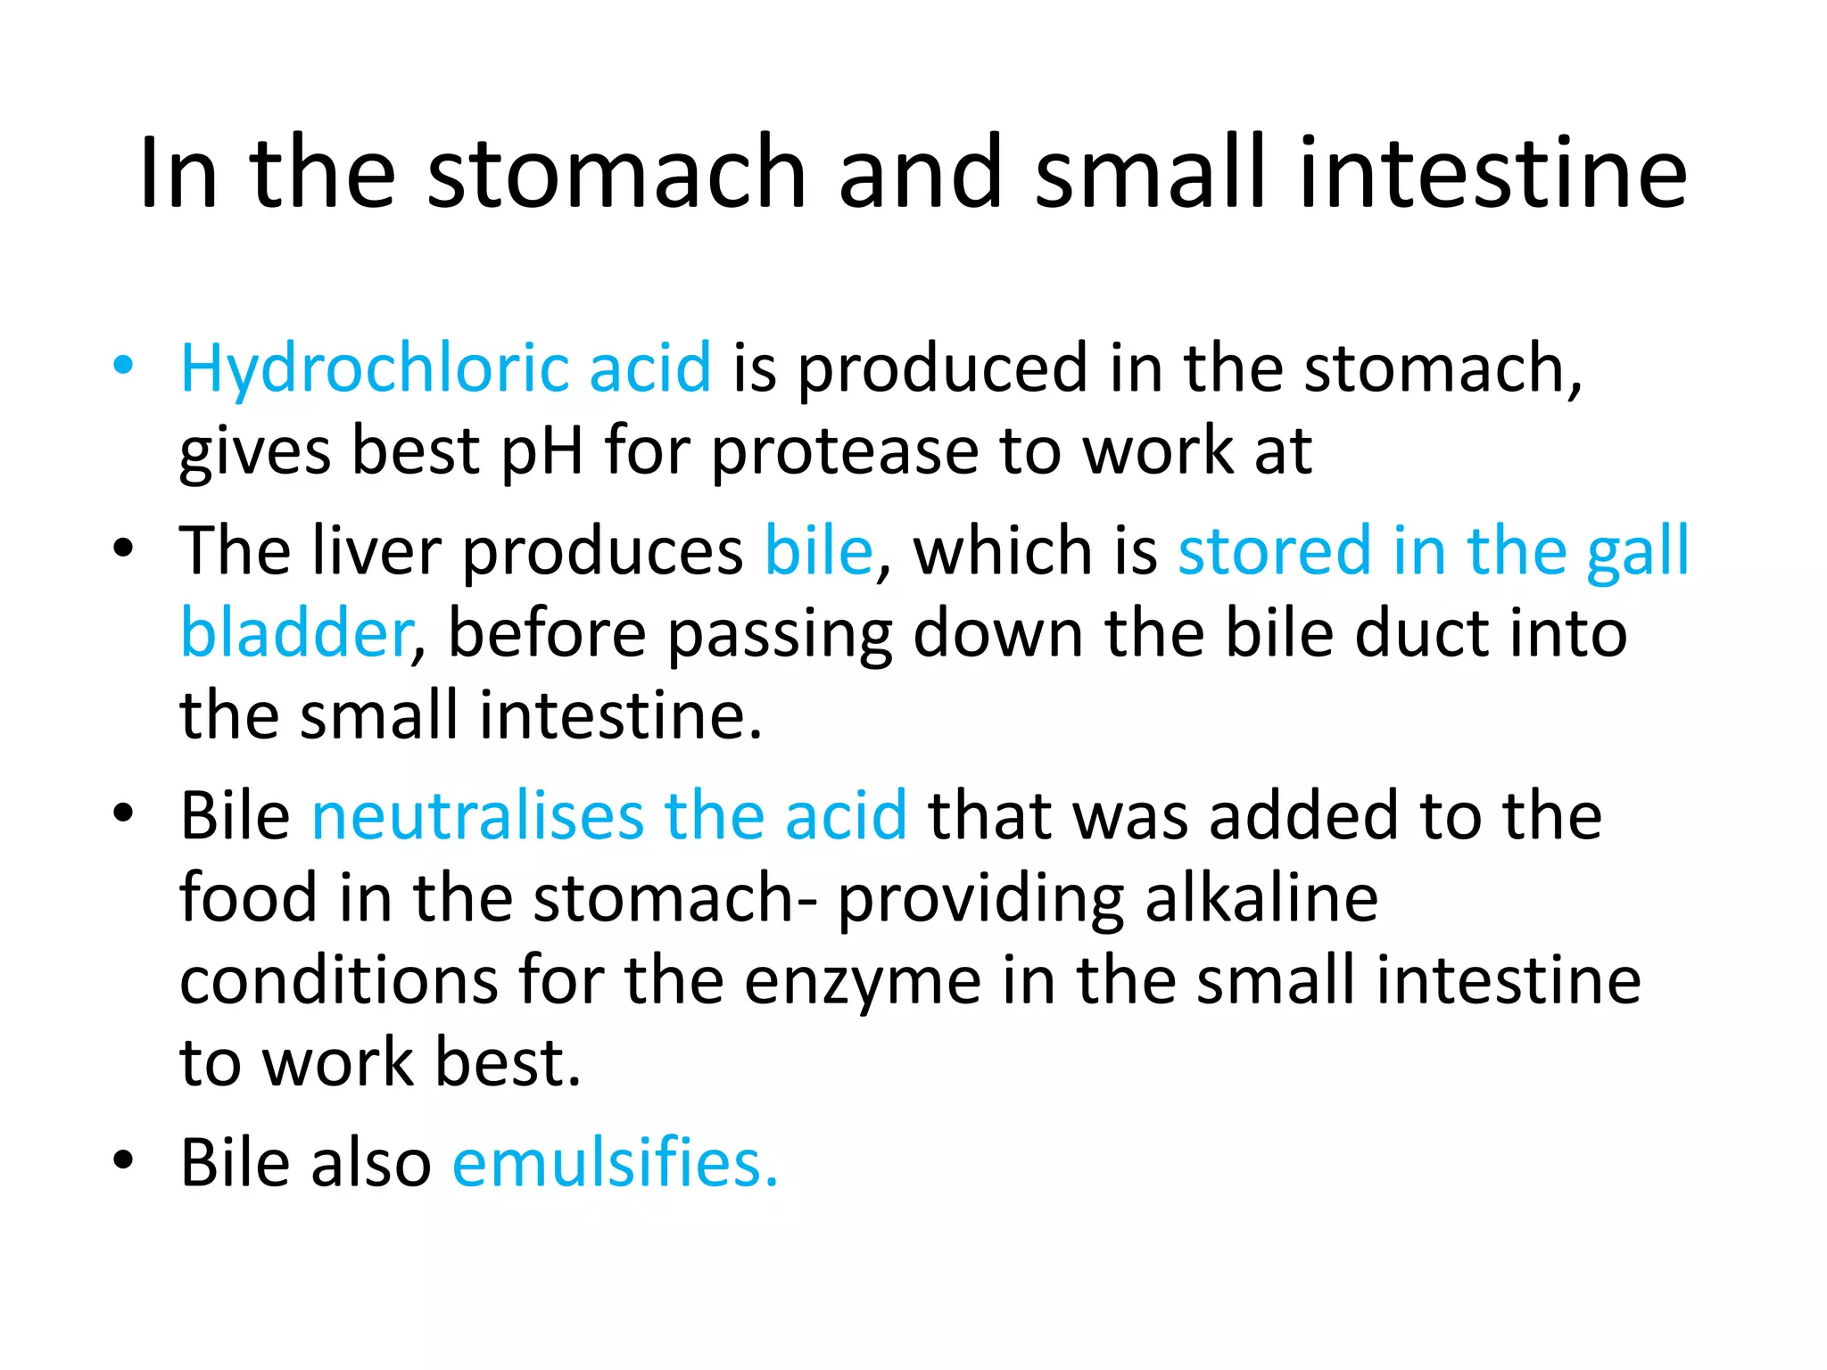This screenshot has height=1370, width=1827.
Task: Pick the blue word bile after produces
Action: point(818,550)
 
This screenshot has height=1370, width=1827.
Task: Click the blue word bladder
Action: point(294,633)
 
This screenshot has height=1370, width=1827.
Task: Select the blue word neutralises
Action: point(476,815)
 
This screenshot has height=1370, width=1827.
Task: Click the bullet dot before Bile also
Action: point(123,1160)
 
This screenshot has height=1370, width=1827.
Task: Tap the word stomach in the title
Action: point(616,173)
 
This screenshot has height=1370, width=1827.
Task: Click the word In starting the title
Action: point(178,173)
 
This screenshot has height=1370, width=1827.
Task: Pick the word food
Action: point(248,898)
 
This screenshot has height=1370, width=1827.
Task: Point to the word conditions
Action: point(339,981)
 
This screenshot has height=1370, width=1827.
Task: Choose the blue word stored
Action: point(1274,550)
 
